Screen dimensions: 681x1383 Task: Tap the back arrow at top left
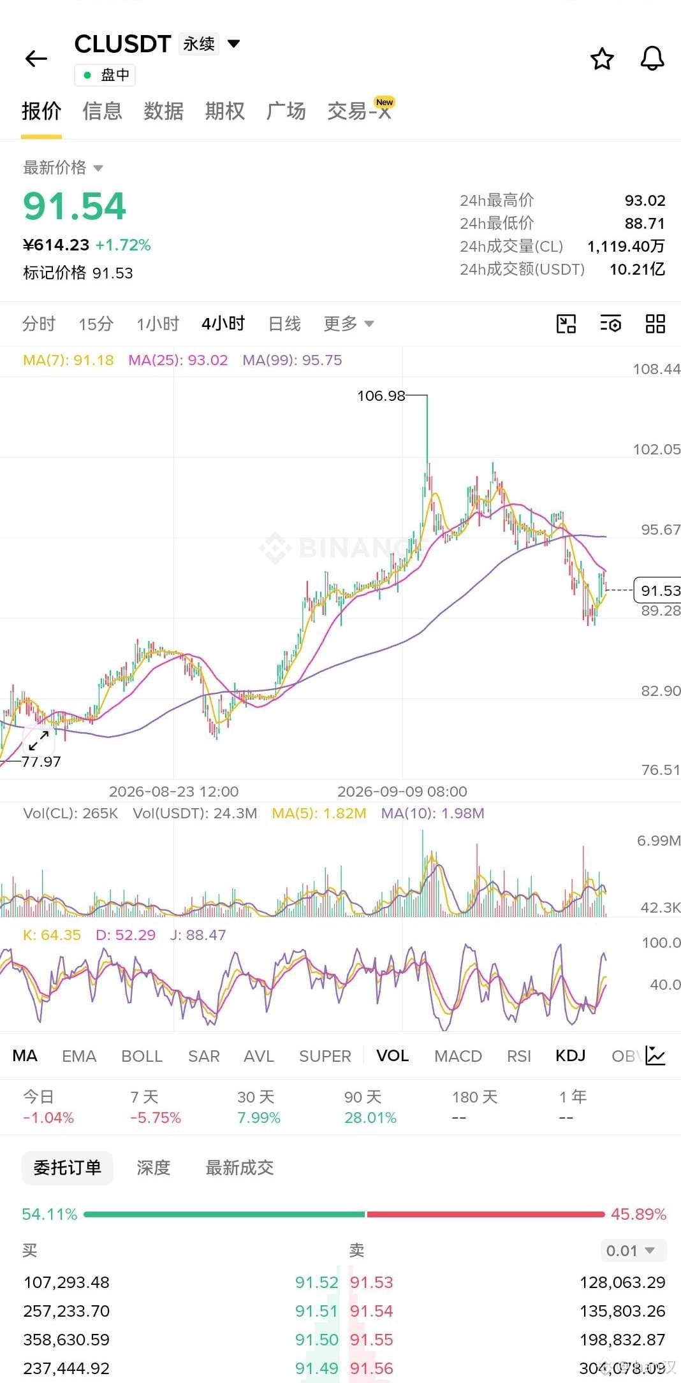pos(36,59)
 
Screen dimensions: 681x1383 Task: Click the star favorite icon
pos(602,59)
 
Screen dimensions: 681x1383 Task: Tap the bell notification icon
pos(652,59)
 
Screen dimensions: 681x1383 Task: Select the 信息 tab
pos(102,111)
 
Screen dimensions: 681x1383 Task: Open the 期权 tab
pos(224,111)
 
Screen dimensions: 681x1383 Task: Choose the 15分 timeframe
pos(96,324)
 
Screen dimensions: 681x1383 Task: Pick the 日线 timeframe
pos(284,324)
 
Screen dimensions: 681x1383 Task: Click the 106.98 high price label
pos(381,396)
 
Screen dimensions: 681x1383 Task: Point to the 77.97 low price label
pos(41,762)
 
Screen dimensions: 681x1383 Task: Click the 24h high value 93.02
pos(645,201)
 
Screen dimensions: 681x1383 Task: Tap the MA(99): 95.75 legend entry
pos(292,360)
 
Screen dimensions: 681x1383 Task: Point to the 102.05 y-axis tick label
pos(656,449)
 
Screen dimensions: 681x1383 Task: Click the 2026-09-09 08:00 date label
pos(402,792)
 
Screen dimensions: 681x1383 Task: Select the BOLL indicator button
pos(142,1056)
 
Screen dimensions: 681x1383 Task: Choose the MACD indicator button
pos(458,1056)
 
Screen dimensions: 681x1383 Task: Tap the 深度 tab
pos(154,1168)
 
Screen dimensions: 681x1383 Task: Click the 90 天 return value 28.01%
pos(370,1118)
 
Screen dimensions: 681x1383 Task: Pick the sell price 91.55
pos(371,1340)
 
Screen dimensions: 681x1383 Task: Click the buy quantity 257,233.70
pos(66,1311)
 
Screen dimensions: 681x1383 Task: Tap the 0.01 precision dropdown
pos(633,1250)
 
